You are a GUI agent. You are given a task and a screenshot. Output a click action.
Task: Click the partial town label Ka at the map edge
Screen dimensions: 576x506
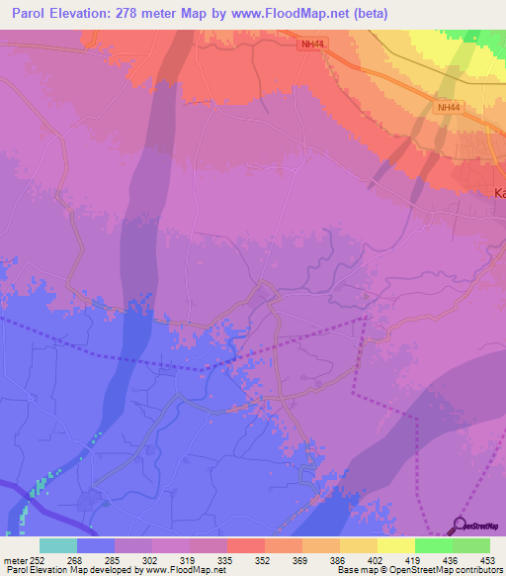pos(499,194)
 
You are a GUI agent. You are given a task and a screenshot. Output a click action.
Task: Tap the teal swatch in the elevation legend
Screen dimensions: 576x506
pos(58,545)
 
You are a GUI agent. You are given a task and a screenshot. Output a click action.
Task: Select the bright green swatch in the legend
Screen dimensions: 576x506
pos(433,545)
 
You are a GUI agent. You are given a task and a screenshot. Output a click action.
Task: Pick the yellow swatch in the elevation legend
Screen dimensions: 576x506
pos(395,545)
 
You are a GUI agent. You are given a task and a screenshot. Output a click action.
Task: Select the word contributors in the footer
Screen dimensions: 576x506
pos(478,570)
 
